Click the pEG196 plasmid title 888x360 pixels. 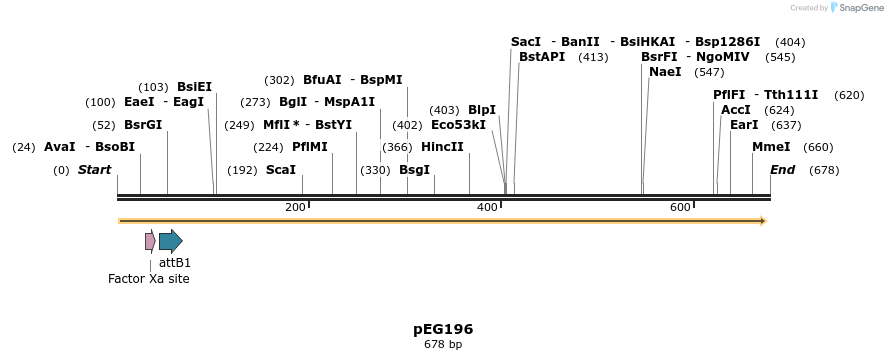click(x=443, y=329)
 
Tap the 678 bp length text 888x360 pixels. click(x=443, y=345)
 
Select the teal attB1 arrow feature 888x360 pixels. click(x=170, y=241)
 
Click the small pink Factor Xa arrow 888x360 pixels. click(x=150, y=241)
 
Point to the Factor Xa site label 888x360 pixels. click(x=148, y=279)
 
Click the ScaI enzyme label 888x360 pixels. click(x=280, y=170)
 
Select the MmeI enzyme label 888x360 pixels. click(x=771, y=147)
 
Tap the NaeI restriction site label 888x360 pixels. click(x=665, y=72)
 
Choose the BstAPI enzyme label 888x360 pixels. click(x=542, y=57)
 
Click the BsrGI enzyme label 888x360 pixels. click(x=142, y=125)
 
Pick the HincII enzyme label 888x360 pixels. click(x=442, y=147)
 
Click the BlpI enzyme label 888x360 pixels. click(x=482, y=110)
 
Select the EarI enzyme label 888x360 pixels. click(x=744, y=125)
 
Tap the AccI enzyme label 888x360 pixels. click(x=736, y=110)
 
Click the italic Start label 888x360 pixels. click(x=94, y=170)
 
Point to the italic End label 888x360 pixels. click(x=782, y=170)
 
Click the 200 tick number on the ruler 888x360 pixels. click(x=295, y=207)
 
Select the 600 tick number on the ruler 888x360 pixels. click(x=680, y=207)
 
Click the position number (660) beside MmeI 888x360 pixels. click(x=818, y=147)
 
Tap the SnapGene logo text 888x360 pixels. click(x=860, y=8)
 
